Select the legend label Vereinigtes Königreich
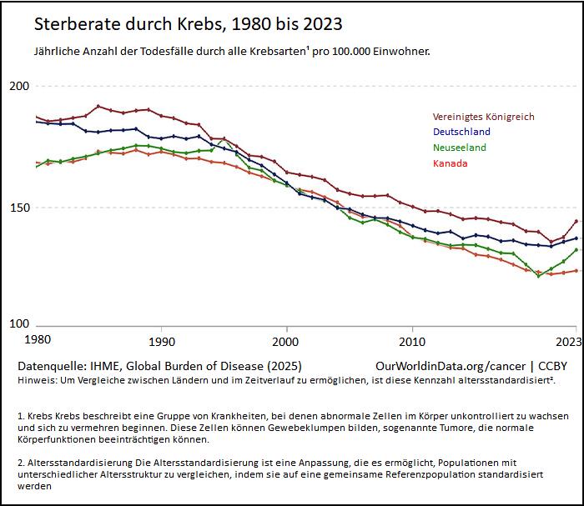(483, 117)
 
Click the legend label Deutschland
(461, 132)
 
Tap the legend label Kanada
(450, 163)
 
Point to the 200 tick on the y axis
(19, 86)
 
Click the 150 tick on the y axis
(19, 208)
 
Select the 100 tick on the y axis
(19, 324)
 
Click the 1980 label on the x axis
(38, 340)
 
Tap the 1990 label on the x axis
(161, 340)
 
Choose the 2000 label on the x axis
(285, 340)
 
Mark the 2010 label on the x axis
(410, 340)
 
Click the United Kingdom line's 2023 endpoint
(576, 222)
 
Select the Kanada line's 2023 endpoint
(576, 271)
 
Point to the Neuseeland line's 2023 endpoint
(576, 250)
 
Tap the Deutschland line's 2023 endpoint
(576, 238)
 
